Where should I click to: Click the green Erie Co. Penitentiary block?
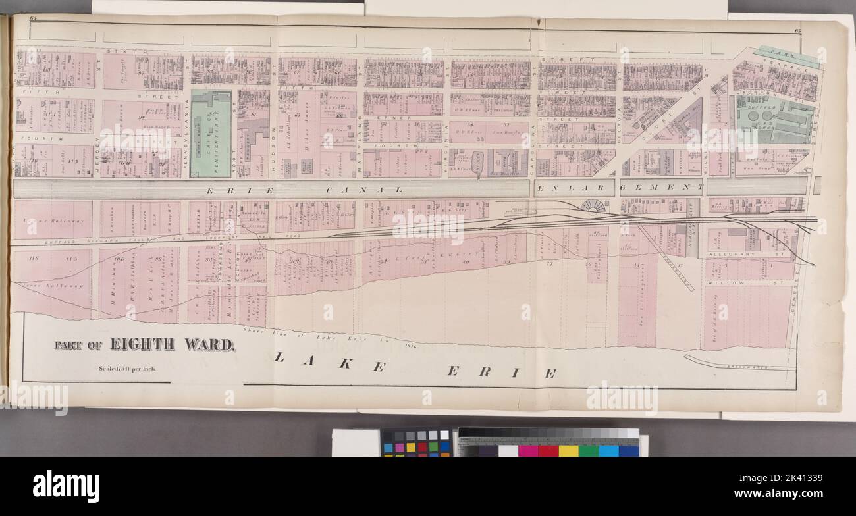click(x=211, y=134)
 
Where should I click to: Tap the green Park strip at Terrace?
click(x=788, y=57)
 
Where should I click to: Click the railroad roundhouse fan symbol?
click(x=593, y=206)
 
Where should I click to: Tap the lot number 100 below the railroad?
click(x=119, y=259)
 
